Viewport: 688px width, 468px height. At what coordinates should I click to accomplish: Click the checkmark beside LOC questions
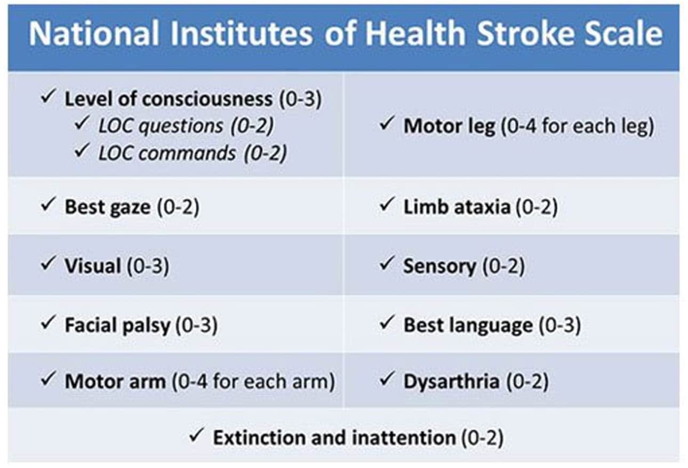(x=83, y=124)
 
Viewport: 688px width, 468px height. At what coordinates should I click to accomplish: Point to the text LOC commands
(x=167, y=153)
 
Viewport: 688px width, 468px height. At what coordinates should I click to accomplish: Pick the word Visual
(x=92, y=265)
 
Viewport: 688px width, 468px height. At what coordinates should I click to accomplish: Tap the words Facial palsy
(x=117, y=325)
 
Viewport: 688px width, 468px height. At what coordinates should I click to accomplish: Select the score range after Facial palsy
(x=196, y=325)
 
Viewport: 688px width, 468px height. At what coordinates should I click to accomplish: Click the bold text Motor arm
(x=115, y=382)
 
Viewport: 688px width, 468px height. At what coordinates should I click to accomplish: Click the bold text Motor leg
(x=449, y=127)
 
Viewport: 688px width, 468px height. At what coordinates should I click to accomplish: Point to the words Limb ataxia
(x=457, y=207)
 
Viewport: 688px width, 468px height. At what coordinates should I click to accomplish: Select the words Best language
(x=468, y=325)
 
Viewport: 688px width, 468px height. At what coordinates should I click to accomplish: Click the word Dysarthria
(x=451, y=382)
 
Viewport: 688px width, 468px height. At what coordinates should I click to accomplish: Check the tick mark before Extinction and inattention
(x=197, y=436)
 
